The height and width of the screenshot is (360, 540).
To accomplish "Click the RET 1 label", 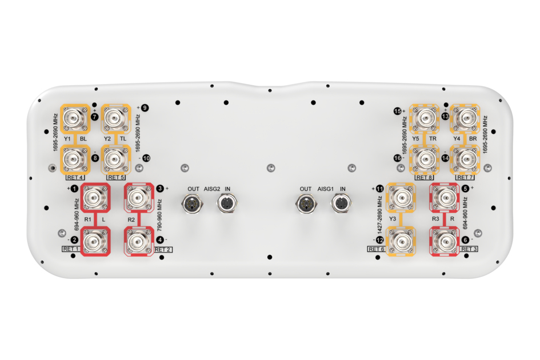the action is click(71, 249).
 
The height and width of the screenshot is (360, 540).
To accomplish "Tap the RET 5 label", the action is click(116, 177).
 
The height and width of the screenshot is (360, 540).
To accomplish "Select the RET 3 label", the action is click(469, 249).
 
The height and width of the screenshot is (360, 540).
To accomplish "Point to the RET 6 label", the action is click(376, 249).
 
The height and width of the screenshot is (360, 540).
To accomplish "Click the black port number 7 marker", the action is click(95, 117).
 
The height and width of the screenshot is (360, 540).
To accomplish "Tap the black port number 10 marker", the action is click(146, 158).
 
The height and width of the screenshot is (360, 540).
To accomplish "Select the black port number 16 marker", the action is click(398, 158).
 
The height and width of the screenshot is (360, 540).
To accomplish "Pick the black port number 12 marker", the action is click(380, 240).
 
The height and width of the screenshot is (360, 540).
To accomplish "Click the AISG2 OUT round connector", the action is click(192, 203).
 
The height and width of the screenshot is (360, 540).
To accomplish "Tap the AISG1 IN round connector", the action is click(341, 203).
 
